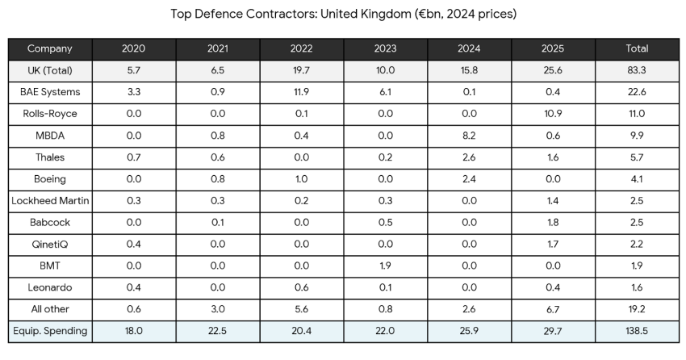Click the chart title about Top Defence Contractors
[343, 14]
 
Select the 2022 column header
[301, 48]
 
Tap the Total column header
[637, 48]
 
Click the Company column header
[50, 48]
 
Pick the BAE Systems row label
[50, 92]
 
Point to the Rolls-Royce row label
[50, 114]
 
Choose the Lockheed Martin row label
[50, 200]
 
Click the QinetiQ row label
[50, 244]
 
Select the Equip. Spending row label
[50, 331]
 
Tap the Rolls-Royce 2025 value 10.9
[553, 114]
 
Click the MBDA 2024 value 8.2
[469, 136]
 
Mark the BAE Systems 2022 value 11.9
[301, 92]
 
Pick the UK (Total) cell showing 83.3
[637, 70]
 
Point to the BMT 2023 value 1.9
[385, 266]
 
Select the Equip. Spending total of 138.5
[637, 331]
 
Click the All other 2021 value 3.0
[217, 309]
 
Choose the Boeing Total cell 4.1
[637, 179]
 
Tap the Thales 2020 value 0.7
[133, 157]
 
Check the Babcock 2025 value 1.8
[553, 222]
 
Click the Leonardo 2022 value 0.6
[301, 287]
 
